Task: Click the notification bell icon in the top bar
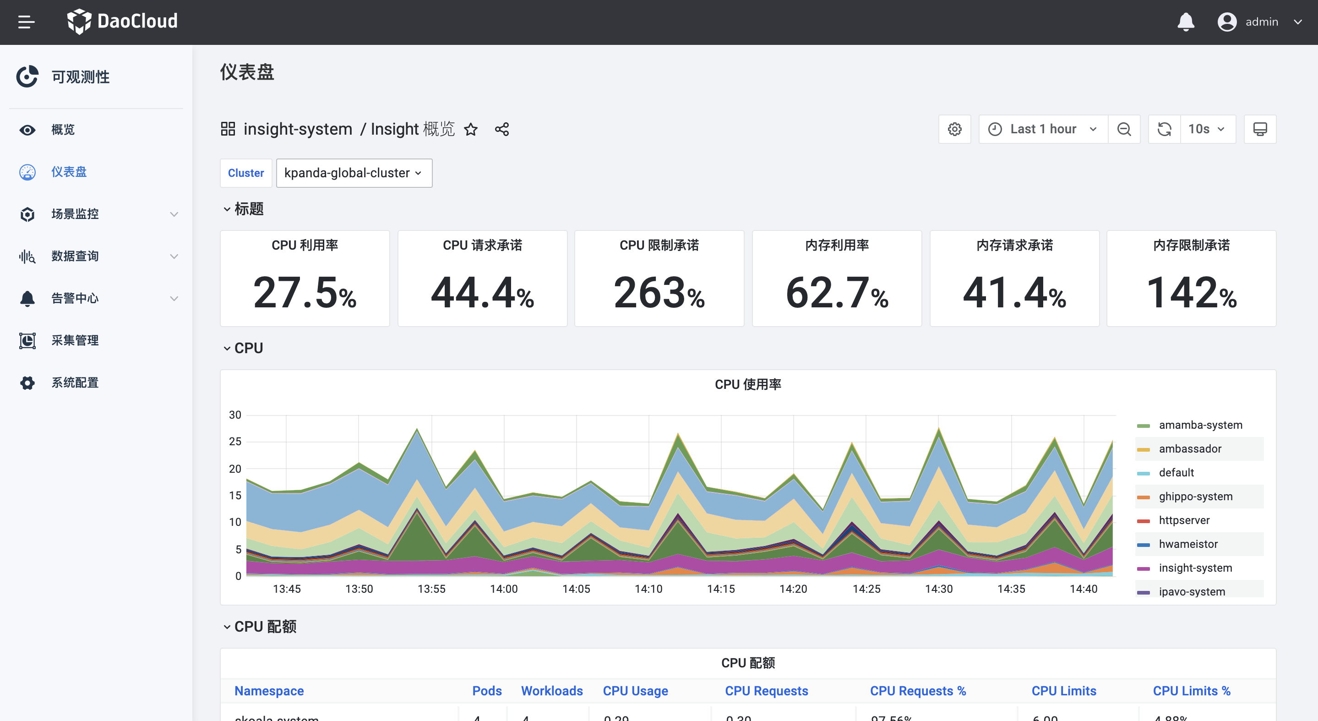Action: pyautogui.click(x=1186, y=22)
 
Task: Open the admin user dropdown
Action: pyautogui.click(x=1261, y=22)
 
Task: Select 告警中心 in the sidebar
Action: pyautogui.click(x=75, y=298)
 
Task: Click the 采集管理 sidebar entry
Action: pyautogui.click(x=75, y=340)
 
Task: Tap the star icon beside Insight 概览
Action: pyautogui.click(x=471, y=130)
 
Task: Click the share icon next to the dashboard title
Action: pyautogui.click(x=502, y=130)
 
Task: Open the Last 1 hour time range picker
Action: pyautogui.click(x=1043, y=129)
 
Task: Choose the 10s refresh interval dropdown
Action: pyautogui.click(x=1206, y=129)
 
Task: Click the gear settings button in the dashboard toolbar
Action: pyautogui.click(x=954, y=129)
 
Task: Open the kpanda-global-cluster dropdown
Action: pyautogui.click(x=354, y=173)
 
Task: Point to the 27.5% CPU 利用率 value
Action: pyautogui.click(x=305, y=293)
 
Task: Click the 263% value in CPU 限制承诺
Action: pyautogui.click(x=659, y=293)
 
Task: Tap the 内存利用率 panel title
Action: pyautogui.click(x=837, y=246)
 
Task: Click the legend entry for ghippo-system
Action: pyautogui.click(x=1195, y=497)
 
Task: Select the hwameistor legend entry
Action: pyautogui.click(x=1188, y=544)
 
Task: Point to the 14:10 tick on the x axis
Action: pyautogui.click(x=648, y=589)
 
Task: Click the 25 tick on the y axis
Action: pyautogui.click(x=235, y=442)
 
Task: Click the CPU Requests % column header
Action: pyautogui.click(x=918, y=691)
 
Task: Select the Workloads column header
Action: pyautogui.click(x=551, y=691)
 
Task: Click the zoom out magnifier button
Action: pyautogui.click(x=1124, y=129)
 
